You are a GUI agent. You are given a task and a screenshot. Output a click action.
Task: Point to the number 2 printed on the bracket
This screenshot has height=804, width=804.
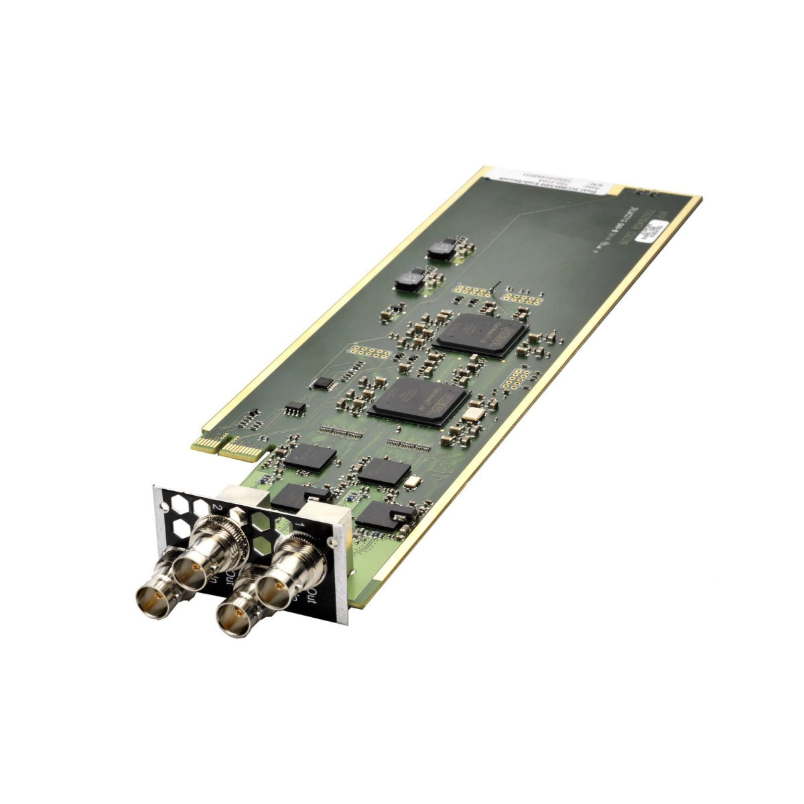(x=216, y=508)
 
